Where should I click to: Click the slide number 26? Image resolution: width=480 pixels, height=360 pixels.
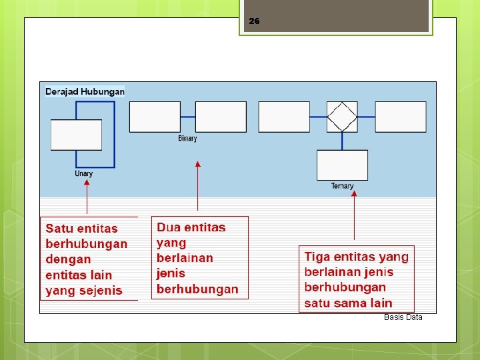coord(254,21)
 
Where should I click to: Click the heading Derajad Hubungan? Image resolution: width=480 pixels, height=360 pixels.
coord(85,91)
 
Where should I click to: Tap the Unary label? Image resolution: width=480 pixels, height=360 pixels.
coord(84,174)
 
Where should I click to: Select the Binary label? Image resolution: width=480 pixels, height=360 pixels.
coord(187,139)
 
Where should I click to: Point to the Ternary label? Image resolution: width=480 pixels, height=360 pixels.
coord(342,186)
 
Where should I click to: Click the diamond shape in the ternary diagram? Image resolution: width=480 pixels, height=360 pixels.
coord(342,117)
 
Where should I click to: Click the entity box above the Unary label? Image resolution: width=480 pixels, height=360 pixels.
coord(76,135)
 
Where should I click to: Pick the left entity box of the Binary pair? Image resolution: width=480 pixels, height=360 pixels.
coord(155,117)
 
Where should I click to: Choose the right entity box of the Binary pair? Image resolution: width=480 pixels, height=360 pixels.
coord(221,117)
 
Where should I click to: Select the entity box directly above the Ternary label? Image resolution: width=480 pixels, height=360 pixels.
coord(342,165)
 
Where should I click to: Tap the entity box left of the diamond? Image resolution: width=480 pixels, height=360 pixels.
coord(284,117)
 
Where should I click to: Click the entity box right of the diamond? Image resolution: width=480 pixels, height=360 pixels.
coord(401,117)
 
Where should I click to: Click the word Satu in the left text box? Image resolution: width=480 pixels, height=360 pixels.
coord(59,229)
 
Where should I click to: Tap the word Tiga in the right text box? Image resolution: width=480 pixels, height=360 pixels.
coord(318,257)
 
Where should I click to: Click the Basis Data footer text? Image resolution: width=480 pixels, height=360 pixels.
coord(403,317)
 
